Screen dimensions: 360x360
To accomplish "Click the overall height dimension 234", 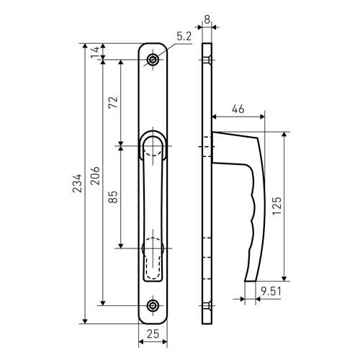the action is point(77,184).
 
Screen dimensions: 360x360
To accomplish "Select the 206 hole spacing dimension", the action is point(95,176).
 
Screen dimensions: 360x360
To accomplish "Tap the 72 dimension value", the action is point(113,102).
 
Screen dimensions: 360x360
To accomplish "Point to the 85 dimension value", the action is point(113,197).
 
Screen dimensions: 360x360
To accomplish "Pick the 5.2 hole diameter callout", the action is point(184,37).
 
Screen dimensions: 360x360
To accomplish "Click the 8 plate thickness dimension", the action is point(207,19).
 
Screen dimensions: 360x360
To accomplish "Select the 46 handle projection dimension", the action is point(238,109).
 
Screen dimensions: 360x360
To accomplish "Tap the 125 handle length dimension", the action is point(277,206).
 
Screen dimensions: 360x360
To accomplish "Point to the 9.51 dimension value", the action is point(271,292).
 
